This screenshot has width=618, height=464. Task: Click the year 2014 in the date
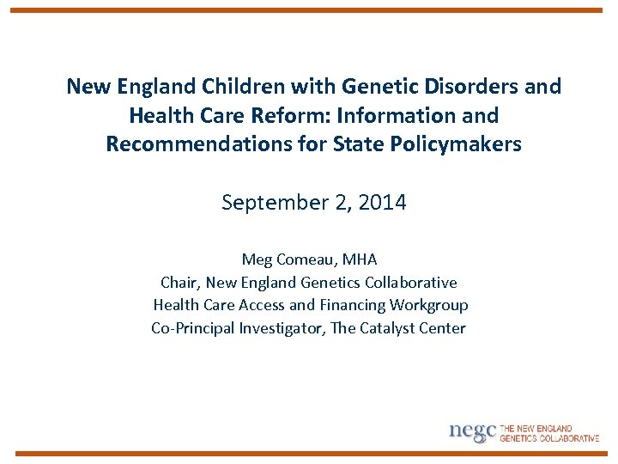(x=383, y=203)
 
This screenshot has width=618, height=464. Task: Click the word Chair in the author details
(x=179, y=283)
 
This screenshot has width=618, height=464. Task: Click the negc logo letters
(x=472, y=431)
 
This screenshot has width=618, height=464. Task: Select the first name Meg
(x=257, y=259)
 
